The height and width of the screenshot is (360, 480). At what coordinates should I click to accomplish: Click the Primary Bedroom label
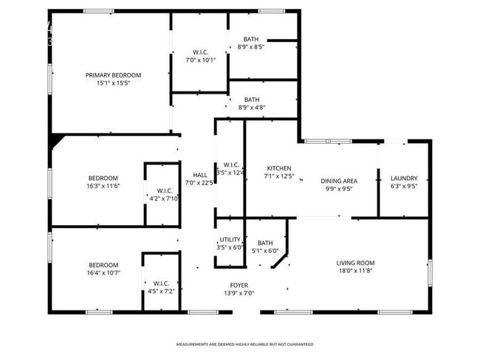(113, 75)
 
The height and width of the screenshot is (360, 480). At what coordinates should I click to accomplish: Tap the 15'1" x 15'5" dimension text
(113, 83)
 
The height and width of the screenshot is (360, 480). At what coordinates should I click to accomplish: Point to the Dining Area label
(339, 181)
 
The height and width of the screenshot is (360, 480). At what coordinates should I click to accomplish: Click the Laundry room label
(404, 178)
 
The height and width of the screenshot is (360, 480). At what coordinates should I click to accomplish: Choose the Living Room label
(355, 263)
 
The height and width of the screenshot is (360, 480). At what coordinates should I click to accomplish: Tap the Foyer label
(239, 285)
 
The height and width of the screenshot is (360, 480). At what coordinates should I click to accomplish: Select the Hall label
(200, 175)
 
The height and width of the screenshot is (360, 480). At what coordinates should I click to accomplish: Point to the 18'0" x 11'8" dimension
(355, 271)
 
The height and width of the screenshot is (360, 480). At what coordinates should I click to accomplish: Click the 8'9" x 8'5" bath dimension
(251, 46)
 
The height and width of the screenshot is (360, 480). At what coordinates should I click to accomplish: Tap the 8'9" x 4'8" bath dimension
(252, 108)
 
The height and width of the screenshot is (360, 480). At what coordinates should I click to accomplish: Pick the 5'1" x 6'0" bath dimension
(265, 251)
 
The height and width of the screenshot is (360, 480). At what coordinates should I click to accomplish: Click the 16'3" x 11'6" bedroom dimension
(103, 186)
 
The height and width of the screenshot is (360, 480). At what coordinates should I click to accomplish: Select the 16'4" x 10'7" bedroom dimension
(103, 273)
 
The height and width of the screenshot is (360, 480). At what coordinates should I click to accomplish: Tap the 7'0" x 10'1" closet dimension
(200, 60)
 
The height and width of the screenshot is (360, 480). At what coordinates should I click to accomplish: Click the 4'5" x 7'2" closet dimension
(162, 291)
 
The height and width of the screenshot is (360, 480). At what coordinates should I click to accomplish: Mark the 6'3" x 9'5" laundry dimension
(404, 186)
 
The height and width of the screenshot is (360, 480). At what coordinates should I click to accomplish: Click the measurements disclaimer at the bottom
(244, 344)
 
